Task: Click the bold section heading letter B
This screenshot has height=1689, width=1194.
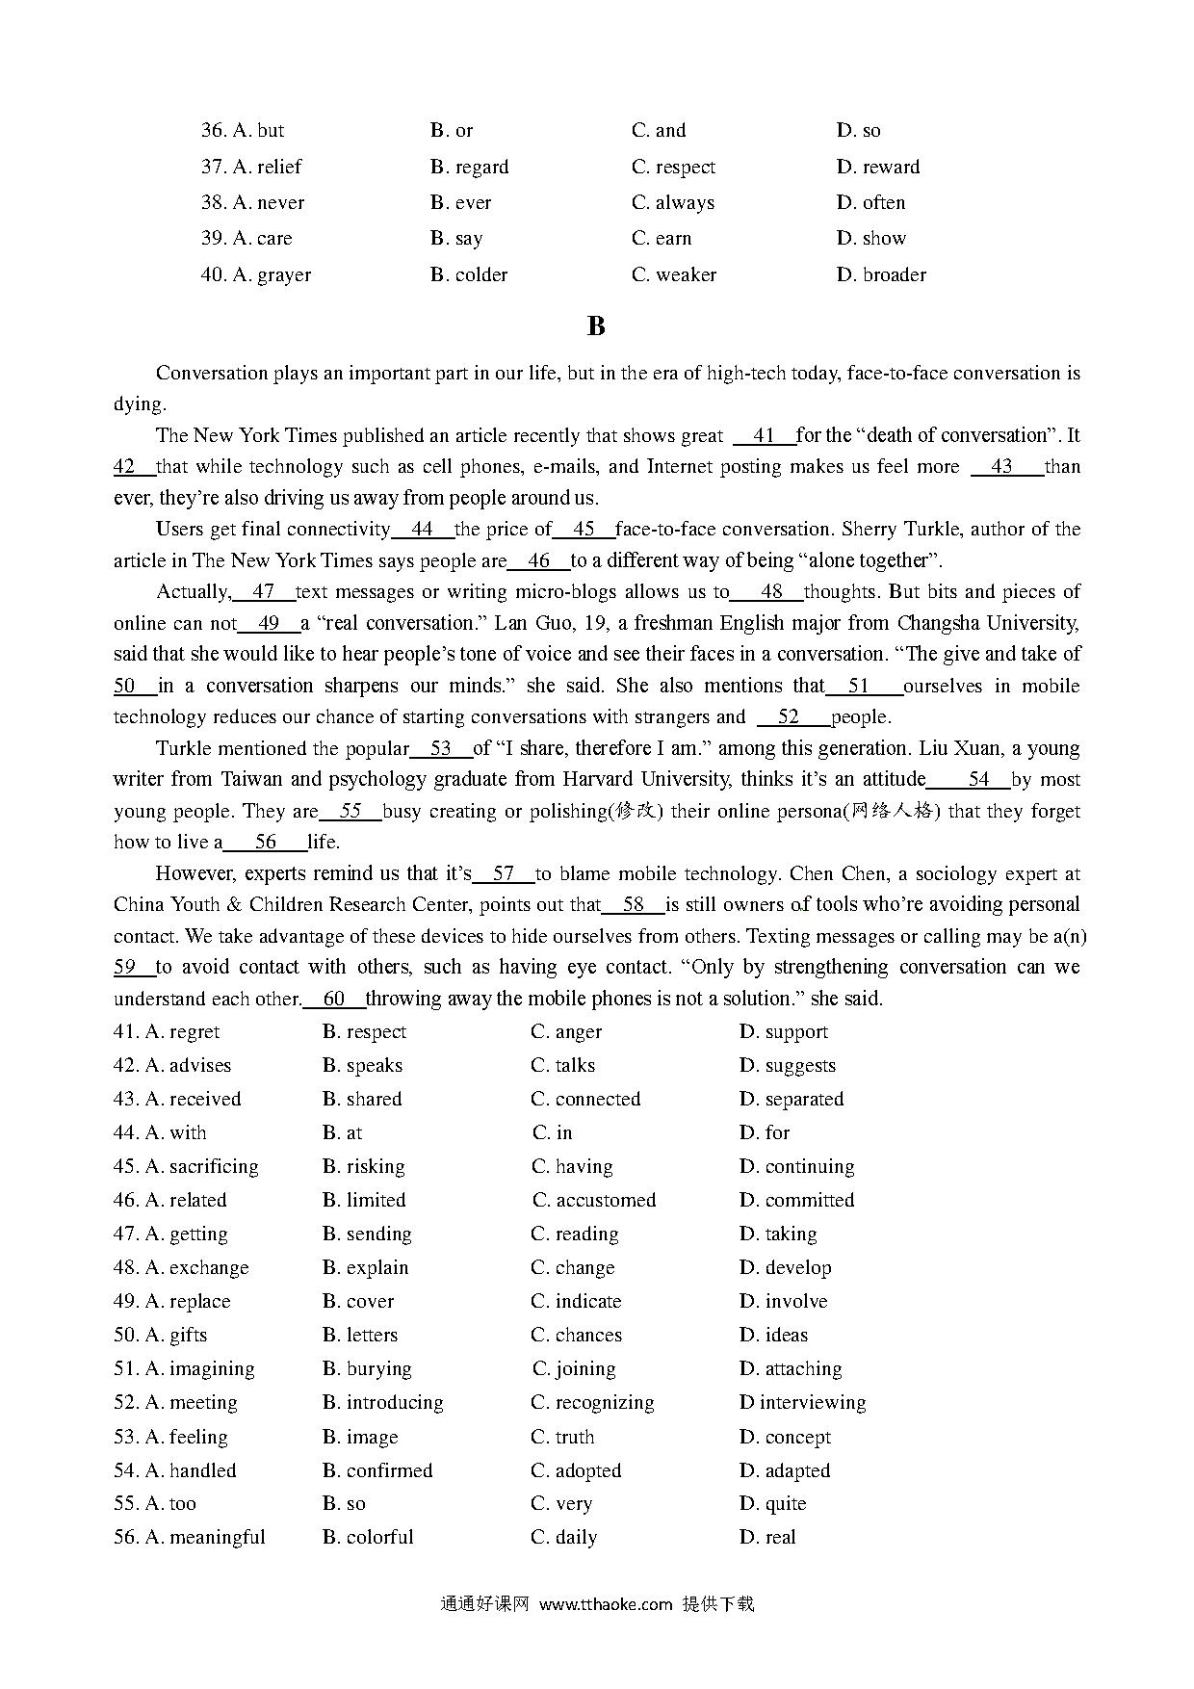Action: pyautogui.click(x=596, y=326)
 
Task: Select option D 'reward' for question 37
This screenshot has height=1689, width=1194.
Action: pyautogui.click(x=878, y=167)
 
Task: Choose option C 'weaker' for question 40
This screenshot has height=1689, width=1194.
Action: pyautogui.click(x=674, y=274)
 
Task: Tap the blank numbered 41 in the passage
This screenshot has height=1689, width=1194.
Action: pyautogui.click(x=765, y=435)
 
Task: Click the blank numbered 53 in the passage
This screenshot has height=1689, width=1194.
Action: pyautogui.click(x=441, y=748)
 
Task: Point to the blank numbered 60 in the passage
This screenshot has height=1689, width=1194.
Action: pyautogui.click(x=334, y=999)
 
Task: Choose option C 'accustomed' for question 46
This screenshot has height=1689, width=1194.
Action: pyautogui.click(x=594, y=1200)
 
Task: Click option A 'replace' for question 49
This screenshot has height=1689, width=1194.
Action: pyautogui.click(x=188, y=1301)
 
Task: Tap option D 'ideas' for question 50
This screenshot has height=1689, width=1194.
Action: pyautogui.click(x=773, y=1335)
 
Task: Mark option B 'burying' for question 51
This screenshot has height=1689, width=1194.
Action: pyautogui.click(x=367, y=1368)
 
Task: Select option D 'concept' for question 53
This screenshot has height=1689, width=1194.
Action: pyautogui.click(x=785, y=1437)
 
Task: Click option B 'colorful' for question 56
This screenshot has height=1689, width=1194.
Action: pyautogui.click(x=368, y=1537)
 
